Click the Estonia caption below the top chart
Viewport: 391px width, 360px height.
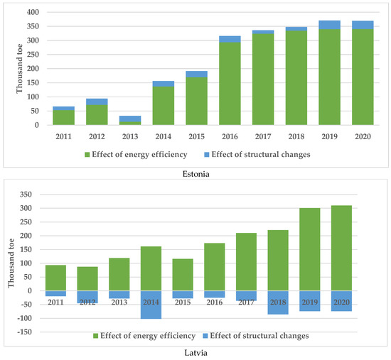(196, 171)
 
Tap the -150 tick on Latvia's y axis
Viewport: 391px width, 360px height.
(26, 332)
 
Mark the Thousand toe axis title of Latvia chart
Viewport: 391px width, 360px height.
(10, 263)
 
